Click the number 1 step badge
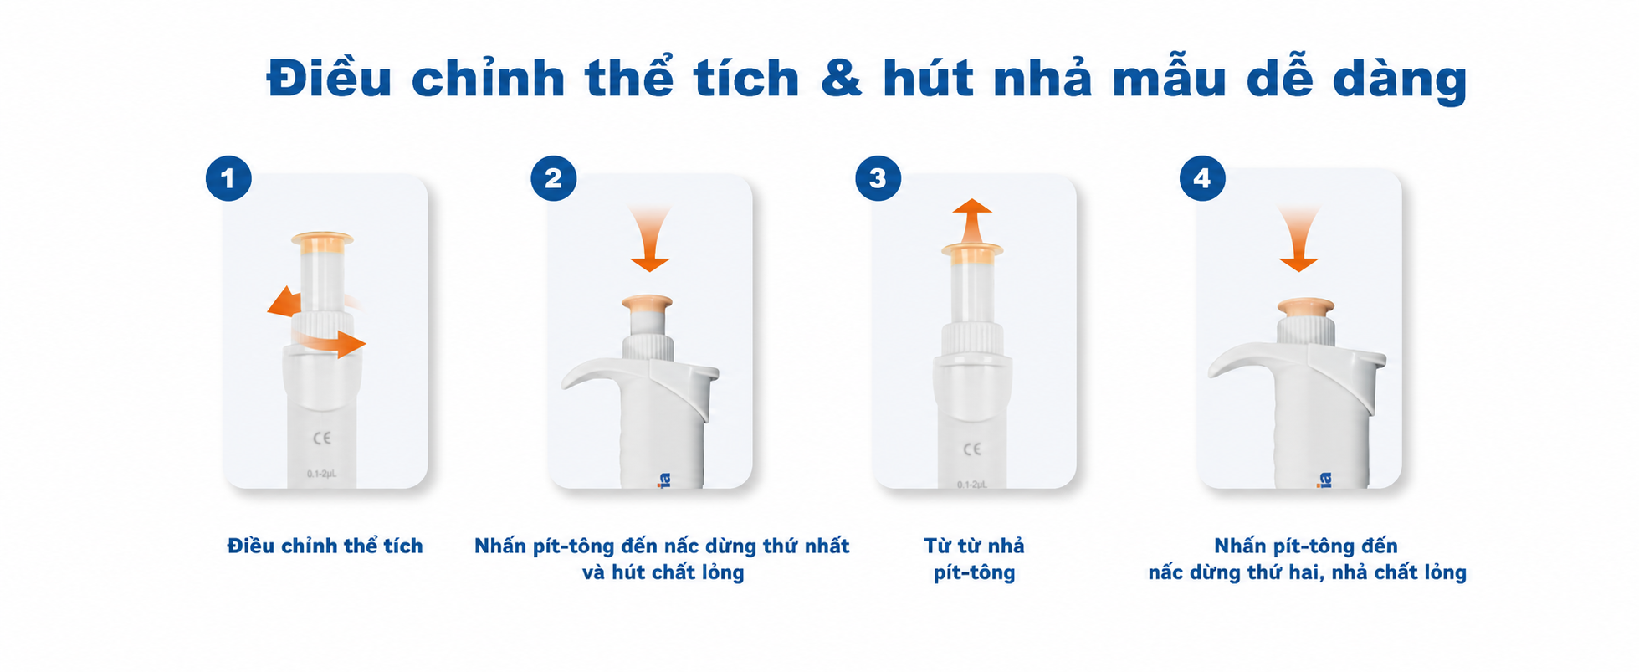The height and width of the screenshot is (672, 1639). pos(228,178)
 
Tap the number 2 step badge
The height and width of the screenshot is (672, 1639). pos(553,178)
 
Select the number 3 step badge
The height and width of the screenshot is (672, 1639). pos(878,178)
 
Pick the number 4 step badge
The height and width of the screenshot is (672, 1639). pos(1202,178)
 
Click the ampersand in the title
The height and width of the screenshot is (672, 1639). pos(841,79)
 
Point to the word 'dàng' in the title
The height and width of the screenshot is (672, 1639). pos(1399,80)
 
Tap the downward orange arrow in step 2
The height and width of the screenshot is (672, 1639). pos(649,238)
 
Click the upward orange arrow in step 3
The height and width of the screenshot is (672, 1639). pos(972,222)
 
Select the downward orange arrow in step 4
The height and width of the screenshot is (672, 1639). pos(1298,238)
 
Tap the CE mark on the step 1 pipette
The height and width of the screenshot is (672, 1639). pos(322,439)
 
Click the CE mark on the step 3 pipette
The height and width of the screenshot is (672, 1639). pos(972,449)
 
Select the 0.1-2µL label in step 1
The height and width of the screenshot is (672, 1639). pos(322,474)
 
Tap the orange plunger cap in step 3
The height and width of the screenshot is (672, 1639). pos(972,249)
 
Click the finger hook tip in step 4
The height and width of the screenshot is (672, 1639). pos(1211,372)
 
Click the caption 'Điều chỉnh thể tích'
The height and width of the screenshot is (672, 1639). pos(325,546)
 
